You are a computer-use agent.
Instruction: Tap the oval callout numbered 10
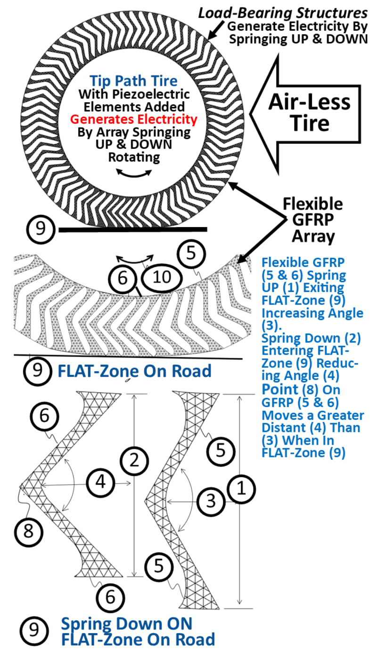tap(162, 277)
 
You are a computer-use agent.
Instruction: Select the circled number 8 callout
tap(29, 531)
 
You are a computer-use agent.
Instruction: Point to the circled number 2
tap(135, 460)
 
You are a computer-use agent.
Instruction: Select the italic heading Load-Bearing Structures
tap(282, 12)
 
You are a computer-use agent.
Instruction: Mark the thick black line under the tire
tap(132, 229)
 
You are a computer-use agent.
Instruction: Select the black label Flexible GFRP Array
tap(313, 220)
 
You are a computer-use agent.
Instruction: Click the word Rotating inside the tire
tap(134, 157)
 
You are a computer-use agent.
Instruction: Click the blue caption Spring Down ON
tap(127, 624)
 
